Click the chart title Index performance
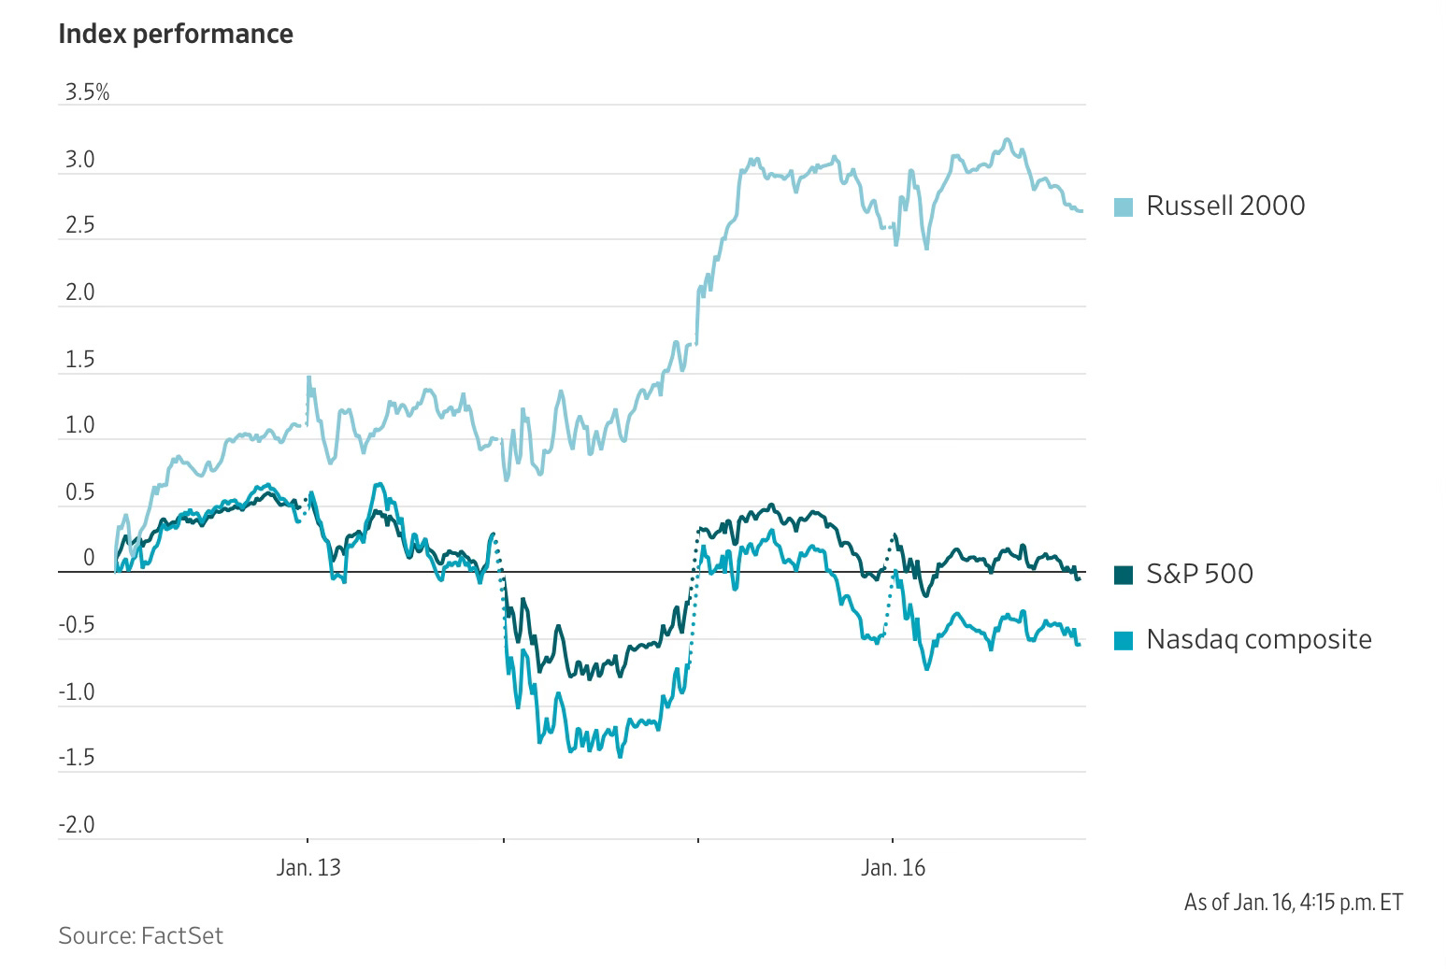(x=175, y=34)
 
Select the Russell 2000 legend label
(x=1224, y=206)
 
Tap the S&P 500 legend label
(x=1199, y=574)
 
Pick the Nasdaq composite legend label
(x=1258, y=640)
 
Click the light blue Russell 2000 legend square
(x=1124, y=207)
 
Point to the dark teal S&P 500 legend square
(x=1124, y=575)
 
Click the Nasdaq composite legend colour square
(x=1124, y=641)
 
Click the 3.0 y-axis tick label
(x=80, y=160)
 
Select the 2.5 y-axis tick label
(x=80, y=226)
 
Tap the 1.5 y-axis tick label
(x=80, y=360)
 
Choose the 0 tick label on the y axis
(x=89, y=559)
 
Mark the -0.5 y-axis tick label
(x=77, y=625)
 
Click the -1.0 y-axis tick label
(x=77, y=692)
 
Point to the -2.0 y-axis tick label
(x=77, y=825)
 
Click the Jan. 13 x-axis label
(x=308, y=868)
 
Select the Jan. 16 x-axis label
(x=893, y=868)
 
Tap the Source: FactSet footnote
(x=140, y=935)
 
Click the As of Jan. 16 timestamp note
(x=1293, y=902)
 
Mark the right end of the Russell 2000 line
(x=1081, y=210)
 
